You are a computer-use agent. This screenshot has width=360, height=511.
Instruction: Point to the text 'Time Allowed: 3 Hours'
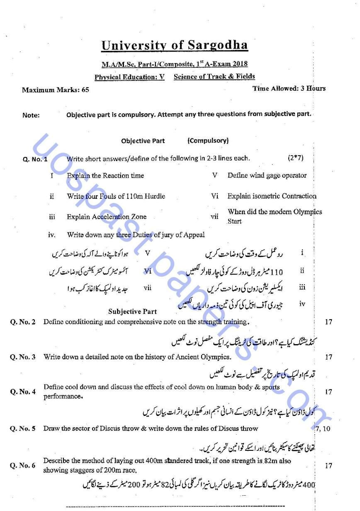coord(289,88)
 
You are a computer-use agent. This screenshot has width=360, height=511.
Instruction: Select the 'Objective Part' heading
coord(143,141)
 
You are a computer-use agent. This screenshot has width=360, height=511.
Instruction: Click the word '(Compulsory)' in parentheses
coord(208,140)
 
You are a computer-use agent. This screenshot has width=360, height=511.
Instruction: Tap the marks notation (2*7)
coord(295,158)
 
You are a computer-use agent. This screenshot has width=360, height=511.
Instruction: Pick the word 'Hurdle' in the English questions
coord(154,196)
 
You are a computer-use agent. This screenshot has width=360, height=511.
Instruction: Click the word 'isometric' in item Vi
coord(266,196)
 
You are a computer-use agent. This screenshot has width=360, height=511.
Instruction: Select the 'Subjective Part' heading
coord(132,311)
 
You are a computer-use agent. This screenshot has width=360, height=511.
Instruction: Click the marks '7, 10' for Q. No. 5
coord(323,428)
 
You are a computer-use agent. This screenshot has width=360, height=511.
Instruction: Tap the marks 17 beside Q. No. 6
coord(328,465)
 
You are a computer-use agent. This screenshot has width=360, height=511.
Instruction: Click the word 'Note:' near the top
coord(31,115)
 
